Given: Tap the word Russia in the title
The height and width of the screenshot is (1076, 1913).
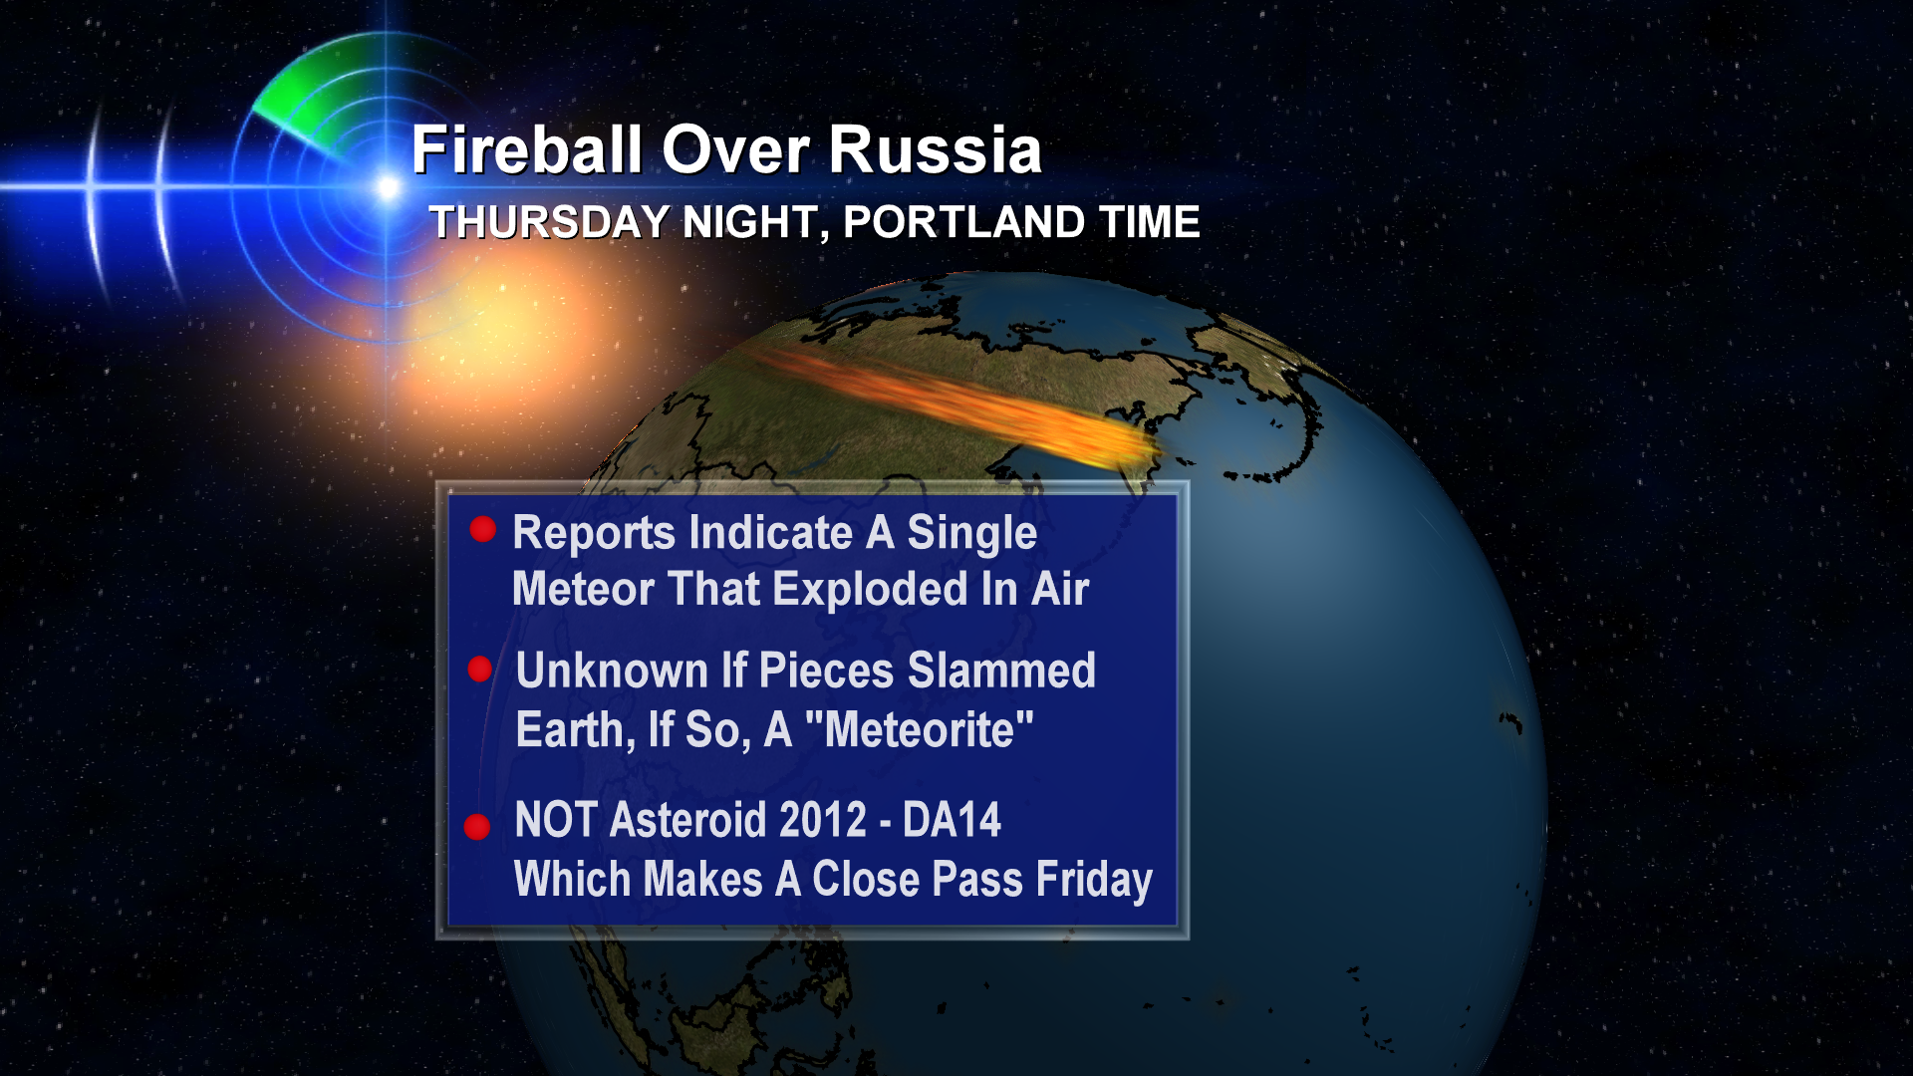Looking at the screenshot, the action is (x=936, y=149).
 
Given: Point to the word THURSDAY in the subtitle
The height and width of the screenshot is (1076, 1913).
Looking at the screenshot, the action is (x=550, y=222).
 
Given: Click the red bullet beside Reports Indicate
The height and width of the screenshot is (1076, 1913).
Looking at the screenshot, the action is (x=483, y=529).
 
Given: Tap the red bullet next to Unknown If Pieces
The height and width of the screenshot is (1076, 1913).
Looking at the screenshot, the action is (x=480, y=670).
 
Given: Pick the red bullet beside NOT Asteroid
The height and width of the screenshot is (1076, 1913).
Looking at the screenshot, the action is (x=477, y=827).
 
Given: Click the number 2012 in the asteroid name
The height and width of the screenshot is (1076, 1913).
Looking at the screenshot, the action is (x=823, y=820).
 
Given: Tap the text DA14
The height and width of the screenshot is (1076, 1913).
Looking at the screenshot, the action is (x=952, y=820).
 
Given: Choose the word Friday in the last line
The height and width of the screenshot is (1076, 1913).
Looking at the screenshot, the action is (x=1094, y=880).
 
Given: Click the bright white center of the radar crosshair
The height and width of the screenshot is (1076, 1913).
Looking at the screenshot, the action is (x=388, y=186).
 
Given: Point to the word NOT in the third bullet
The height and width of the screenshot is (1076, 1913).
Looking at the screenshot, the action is (x=556, y=820).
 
